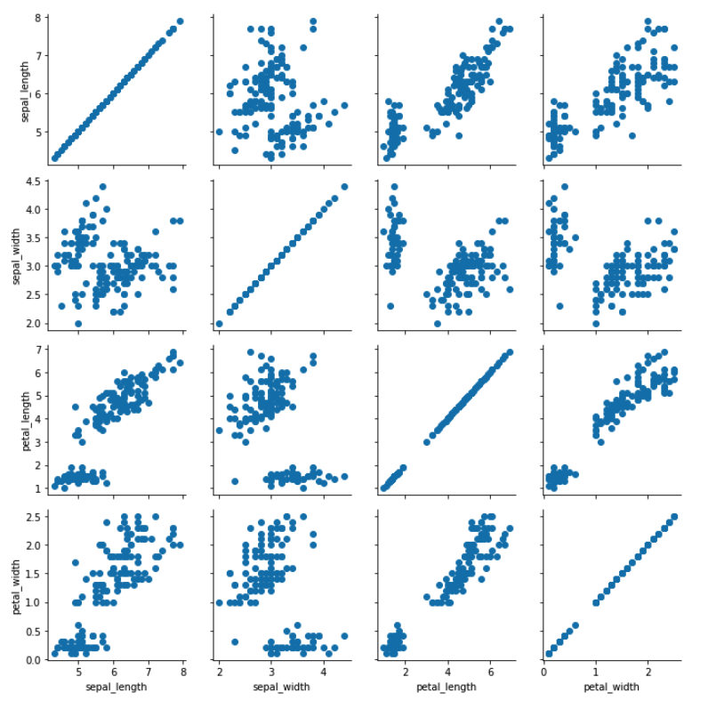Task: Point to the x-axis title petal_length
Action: click(446, 687)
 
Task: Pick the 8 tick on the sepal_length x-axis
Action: click(183, 673)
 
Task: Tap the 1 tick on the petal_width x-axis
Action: click(596, 673)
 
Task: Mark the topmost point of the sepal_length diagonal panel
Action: click(180, 21)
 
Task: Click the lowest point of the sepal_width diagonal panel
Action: click(220, 324)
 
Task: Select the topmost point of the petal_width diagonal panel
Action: click(674, 516)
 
